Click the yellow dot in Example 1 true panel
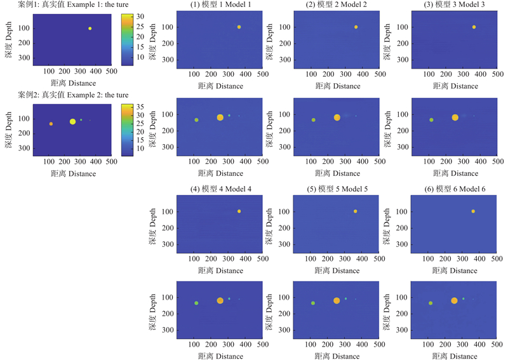(90, 29)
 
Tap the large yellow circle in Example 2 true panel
(73, 121)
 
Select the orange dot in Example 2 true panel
(51, 124)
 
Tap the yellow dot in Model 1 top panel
(239, 27)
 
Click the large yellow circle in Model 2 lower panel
(337, 117)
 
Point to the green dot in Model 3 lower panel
(431, 120)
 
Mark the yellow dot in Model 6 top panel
(473, 211)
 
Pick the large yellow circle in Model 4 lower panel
(220, 300)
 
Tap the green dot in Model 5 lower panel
(313, 303)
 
